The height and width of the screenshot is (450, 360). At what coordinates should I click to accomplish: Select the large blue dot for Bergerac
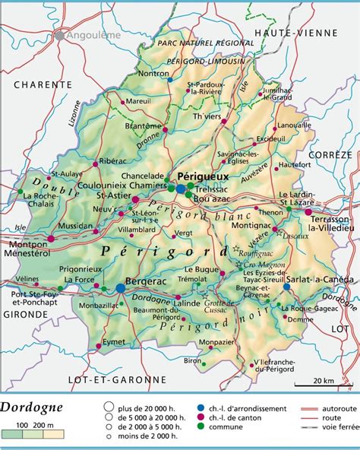[x=121, y=288]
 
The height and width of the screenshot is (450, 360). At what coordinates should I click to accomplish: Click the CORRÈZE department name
[x=330, y=154]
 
